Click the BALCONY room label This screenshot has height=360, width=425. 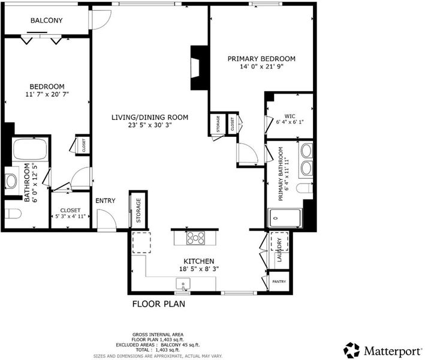coord(46,20)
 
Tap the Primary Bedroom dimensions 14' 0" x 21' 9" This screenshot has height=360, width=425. coord(261,67)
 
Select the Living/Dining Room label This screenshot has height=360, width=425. coord(150,118)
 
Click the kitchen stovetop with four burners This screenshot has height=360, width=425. coord(195,238)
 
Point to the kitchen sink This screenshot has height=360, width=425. coord(183,284)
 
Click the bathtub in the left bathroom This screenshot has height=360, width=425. coord(30,149)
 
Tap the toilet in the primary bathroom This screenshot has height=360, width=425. coord(305,188)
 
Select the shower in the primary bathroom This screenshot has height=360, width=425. coord(284,218)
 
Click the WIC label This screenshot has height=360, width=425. coord(290,116)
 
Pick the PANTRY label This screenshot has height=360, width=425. coord(279,281)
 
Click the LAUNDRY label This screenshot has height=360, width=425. coord(279,250)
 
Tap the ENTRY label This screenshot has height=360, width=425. coord(106,200)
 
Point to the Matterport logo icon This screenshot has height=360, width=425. coord(351,350)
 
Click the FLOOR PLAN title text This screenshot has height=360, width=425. coord(159,304)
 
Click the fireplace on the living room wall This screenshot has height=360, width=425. coord(200,68)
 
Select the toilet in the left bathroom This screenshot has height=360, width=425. coord(13,214)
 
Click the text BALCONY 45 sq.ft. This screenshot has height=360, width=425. coord(180,345)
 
